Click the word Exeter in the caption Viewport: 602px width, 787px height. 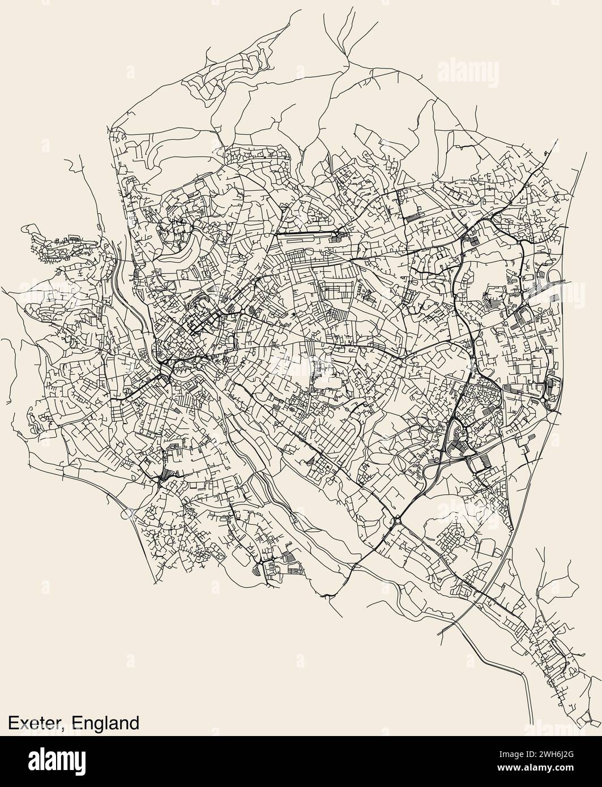coord(37,723)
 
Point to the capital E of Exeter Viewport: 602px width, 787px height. coord(13,723)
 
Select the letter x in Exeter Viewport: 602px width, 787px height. coord(24,724)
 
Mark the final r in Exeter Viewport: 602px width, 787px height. coord(62,724)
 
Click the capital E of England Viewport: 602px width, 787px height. coord(79,723)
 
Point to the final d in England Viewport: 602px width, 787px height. coord(133,723)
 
